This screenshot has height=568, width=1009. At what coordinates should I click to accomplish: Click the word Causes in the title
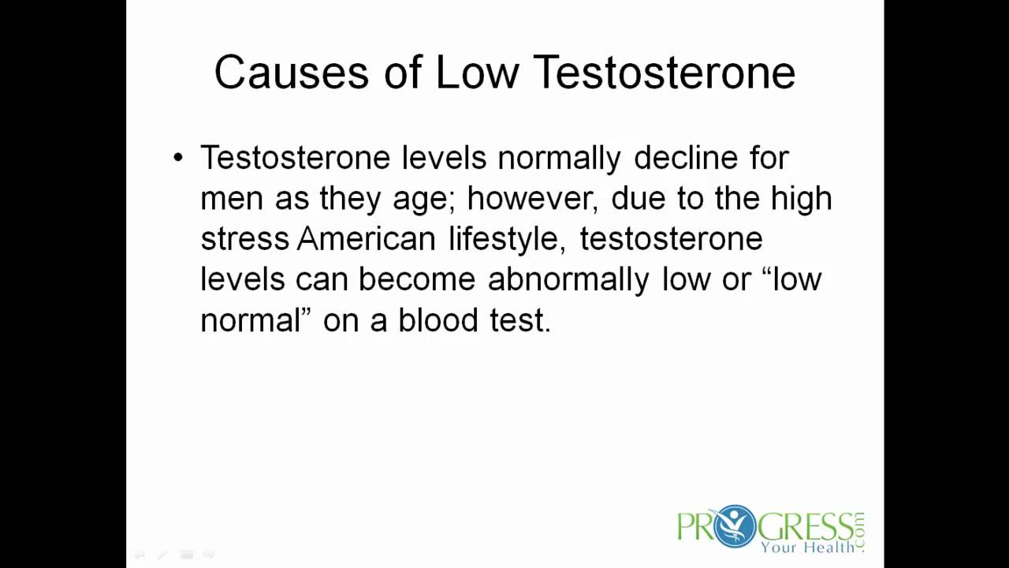(x=291, y=73)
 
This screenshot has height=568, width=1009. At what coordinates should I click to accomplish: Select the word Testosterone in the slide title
(x=664, y=73)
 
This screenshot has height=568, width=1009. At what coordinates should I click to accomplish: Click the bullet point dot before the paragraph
(x=177, y=158)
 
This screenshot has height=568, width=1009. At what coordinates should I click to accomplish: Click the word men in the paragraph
(x=231, y=199)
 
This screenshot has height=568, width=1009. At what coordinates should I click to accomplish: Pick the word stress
(x=244, y=239)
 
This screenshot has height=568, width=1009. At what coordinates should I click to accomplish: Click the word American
(x=366, y=239)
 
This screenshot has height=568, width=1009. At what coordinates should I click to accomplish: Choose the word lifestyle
(x=505, y=239)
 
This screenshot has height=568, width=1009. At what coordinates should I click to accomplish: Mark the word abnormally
(x=568, y=279)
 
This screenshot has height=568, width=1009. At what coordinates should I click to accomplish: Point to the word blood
(x=437, y=320)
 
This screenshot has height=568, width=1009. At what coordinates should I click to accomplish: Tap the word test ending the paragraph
(x=517, y=320)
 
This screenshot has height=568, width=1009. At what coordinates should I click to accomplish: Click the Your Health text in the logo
(x=806, y=546)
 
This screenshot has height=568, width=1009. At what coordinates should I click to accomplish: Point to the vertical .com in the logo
(x=858, y=531)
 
